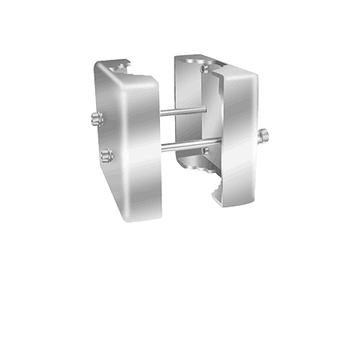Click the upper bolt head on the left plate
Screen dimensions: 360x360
97,119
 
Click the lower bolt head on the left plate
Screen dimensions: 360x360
106,155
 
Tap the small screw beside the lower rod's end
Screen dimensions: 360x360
206,150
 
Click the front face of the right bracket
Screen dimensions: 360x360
237,136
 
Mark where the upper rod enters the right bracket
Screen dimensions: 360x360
206,110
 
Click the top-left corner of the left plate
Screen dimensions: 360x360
97,64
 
